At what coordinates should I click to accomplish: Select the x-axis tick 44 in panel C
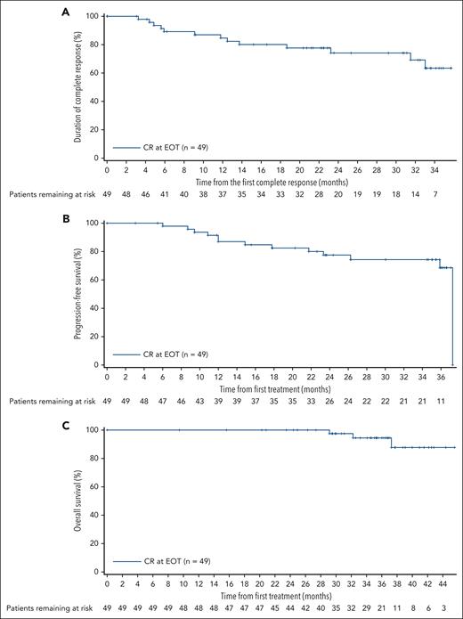[x=442, y=582]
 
